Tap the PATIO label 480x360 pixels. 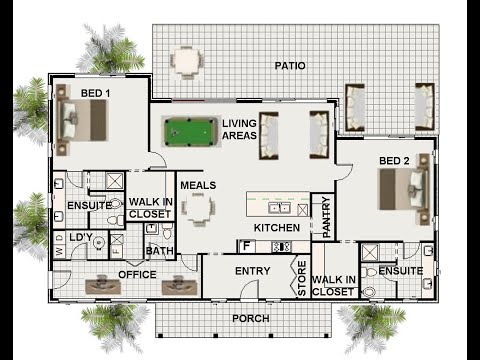[290, 66]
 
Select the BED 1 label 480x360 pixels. [96, 93]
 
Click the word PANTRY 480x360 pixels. [326, 217]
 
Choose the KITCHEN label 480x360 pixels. [276, 228]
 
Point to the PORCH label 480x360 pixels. [250, 319]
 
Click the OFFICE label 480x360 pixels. [137, 273]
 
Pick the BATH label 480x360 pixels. [160, 251]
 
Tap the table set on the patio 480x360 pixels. [186, 61]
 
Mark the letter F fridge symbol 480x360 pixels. [244, 245]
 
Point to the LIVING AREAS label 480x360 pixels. [240, 129]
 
